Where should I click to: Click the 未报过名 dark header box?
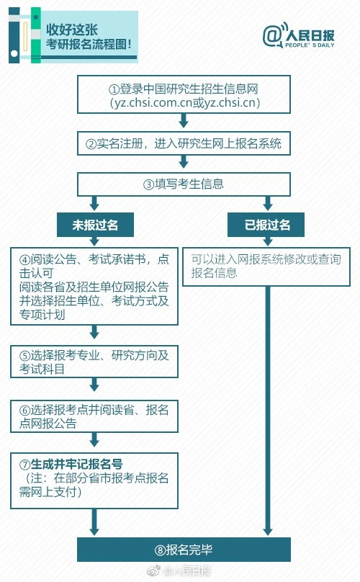(95, 225)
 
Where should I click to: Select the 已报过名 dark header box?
(266, 225)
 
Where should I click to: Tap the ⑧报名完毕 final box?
(184, 550)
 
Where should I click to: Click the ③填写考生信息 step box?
(184, 184)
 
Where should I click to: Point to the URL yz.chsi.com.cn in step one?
(153, 102)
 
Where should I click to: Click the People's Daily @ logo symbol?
(274, 35)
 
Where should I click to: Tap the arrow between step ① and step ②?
(184, 120)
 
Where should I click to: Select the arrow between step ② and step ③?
(184, 161)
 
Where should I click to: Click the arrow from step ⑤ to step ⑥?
(94, 385)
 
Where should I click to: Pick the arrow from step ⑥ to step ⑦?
(94, 439)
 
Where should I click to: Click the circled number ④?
(25, 259)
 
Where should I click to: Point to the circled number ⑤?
(25, 356)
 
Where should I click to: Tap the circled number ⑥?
(25, 410)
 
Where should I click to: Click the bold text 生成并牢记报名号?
(76, 464)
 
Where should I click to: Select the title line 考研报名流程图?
(89, 44)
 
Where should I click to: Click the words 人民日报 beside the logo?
(310, 35)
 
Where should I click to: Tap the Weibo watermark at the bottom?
(179, 570)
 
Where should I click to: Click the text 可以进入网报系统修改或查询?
(266, 259)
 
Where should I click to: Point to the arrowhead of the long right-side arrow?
(268, 531)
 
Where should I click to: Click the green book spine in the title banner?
(35, 35)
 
